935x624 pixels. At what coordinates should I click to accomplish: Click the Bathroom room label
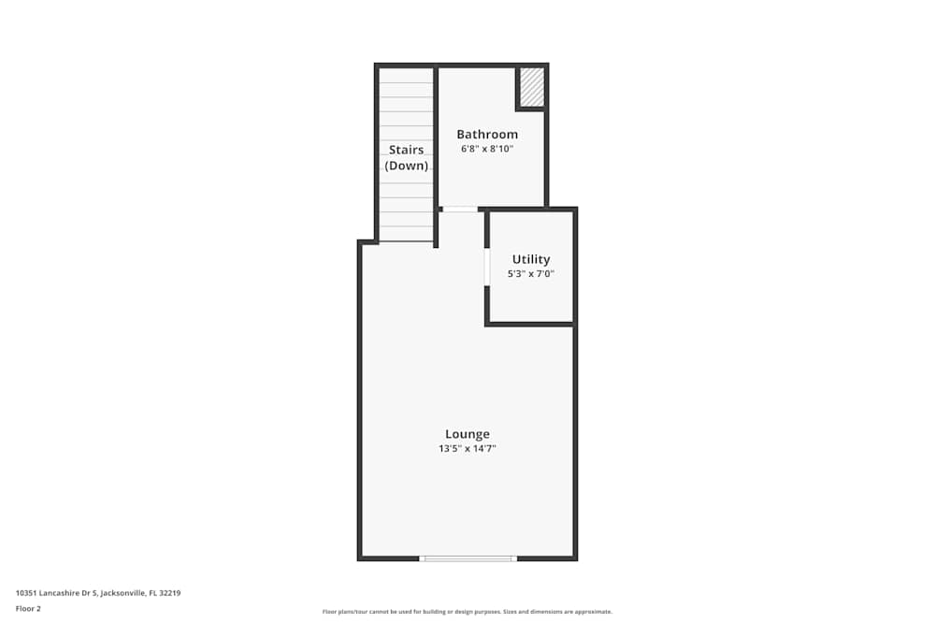(487, 135)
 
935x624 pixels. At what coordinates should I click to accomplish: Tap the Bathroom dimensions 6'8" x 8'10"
(487, 149)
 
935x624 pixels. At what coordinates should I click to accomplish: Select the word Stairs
(407, 150)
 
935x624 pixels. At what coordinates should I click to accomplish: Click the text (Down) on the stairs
(407, 166)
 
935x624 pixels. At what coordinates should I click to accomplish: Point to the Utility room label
(531, 259)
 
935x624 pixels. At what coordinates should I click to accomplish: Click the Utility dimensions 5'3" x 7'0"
(531, 274)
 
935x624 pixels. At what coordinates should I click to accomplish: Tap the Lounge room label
(467, 434)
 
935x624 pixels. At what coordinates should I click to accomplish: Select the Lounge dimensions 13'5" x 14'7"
(467, 449)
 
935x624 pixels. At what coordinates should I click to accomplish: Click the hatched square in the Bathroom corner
(532, 86)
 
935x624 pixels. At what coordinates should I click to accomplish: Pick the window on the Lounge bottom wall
(467, 559)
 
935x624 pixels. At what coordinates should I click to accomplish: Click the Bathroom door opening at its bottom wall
(459, 209)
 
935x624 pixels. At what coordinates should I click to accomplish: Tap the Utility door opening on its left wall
(487, 267)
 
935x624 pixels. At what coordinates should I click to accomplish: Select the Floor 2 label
(28, 608)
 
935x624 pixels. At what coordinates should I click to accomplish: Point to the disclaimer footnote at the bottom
(467, 612)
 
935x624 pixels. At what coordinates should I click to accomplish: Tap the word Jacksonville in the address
(122, 593)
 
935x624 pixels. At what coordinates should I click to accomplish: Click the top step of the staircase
(407, 75)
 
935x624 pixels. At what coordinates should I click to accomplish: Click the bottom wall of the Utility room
(530, 324)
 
